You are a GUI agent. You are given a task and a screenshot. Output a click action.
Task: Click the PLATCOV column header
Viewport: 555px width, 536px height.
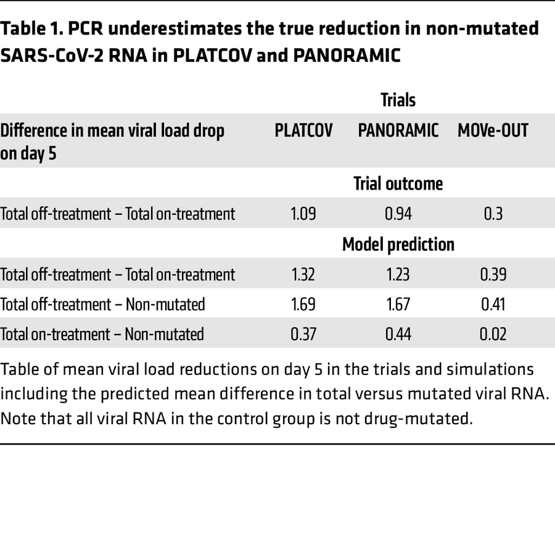303,131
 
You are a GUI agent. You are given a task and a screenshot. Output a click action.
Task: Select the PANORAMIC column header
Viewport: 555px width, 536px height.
398,131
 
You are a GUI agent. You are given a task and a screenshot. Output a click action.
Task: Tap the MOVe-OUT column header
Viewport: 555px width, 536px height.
493,131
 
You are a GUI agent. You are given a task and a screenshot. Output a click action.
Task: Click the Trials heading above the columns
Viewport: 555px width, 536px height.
398,99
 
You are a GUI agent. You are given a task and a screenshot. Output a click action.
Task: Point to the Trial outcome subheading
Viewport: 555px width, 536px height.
398,183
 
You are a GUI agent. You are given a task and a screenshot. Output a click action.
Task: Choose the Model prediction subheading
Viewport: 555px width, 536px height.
398,244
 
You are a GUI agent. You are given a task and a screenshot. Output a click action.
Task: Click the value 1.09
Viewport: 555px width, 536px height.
303,214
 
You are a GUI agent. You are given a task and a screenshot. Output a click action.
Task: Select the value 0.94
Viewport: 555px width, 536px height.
398,214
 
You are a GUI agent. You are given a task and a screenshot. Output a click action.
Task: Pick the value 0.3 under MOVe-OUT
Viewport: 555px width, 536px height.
493,214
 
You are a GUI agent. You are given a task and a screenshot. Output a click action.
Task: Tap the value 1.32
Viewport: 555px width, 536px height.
303,274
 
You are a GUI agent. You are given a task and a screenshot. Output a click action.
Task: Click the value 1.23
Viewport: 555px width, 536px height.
398,274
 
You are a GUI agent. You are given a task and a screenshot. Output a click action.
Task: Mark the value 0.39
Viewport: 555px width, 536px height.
493,274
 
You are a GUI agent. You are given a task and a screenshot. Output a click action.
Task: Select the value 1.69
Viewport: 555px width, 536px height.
303,304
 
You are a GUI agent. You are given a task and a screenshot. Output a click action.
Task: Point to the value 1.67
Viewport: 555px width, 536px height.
398,304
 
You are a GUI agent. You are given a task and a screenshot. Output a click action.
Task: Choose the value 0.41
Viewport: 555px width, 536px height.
493,304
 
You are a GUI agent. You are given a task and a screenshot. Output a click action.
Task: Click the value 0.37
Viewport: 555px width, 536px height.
303,334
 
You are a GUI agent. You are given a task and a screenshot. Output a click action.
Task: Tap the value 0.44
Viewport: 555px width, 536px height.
398,334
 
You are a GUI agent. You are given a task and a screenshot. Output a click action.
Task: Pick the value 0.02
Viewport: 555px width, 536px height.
493,334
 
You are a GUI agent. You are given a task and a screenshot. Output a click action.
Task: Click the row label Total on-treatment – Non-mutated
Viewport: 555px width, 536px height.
102,334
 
